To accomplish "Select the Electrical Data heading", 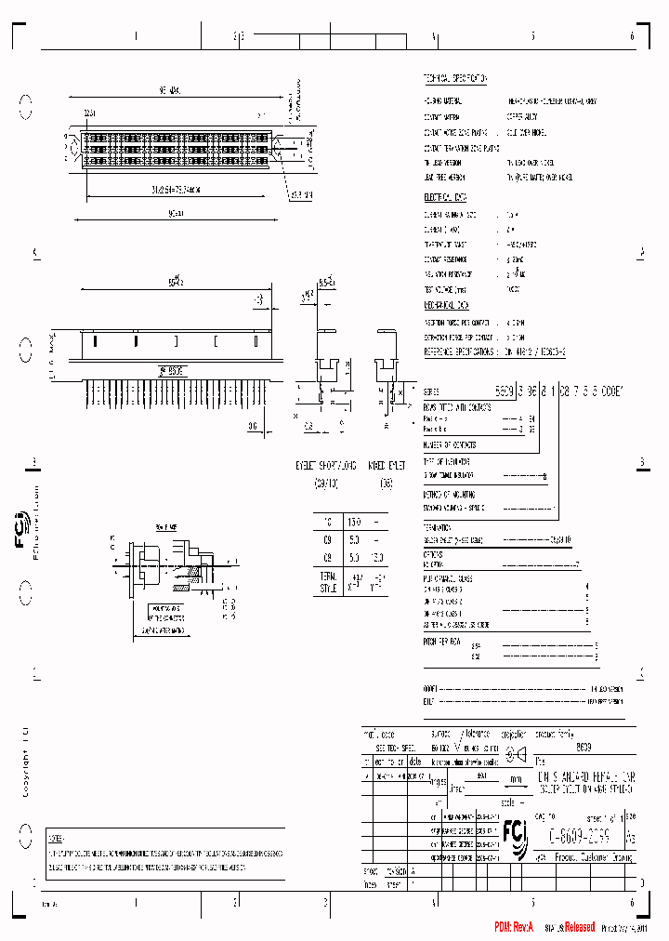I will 446,197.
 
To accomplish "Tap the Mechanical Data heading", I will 448,304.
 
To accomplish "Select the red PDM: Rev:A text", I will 514,927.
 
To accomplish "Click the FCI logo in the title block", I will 514,830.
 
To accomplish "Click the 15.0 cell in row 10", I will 353,523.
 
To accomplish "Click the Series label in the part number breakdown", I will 431,392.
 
